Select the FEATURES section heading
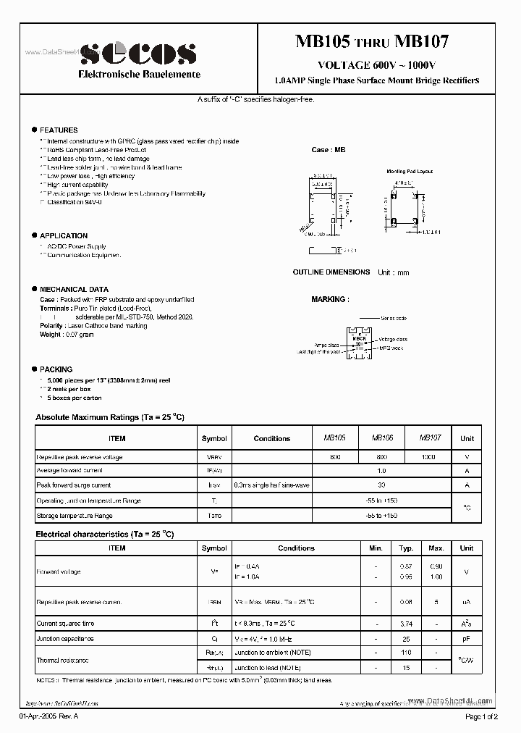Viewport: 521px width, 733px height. coord(59,130)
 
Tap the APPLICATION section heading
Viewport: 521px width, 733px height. coord(64,235)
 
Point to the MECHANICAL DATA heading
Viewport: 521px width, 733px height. coord(74,289)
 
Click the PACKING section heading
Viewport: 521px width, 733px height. coord(56,369)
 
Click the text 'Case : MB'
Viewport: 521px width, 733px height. coord(329,150)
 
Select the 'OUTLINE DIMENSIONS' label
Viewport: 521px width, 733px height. coord(331,272)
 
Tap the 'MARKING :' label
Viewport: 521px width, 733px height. coord(329,299)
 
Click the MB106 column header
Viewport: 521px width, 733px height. coord(382,438)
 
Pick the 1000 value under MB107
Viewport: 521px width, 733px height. coord(428,457)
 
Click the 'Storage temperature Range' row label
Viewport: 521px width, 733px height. coord(75,515)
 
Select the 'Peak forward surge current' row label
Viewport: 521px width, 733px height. coord(74,485)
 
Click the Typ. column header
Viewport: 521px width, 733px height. coord(406,548)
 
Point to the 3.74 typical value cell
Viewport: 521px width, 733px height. coord(406,623)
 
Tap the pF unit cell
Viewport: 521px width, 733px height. coord(467,638)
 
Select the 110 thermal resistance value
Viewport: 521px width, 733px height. coord(406,653)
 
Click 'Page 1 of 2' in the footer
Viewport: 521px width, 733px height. coord(481,716)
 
